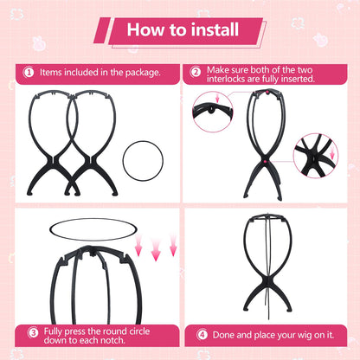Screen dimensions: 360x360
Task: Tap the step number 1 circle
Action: click(x=29, y=72)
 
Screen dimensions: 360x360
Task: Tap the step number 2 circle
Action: click(x=196, y=72)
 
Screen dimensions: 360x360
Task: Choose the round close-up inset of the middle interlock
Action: click(x=315, y=154)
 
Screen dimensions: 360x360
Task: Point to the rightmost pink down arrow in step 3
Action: click(x=172, y=249)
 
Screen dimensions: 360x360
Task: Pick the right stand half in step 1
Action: click(x=91, y=143)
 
